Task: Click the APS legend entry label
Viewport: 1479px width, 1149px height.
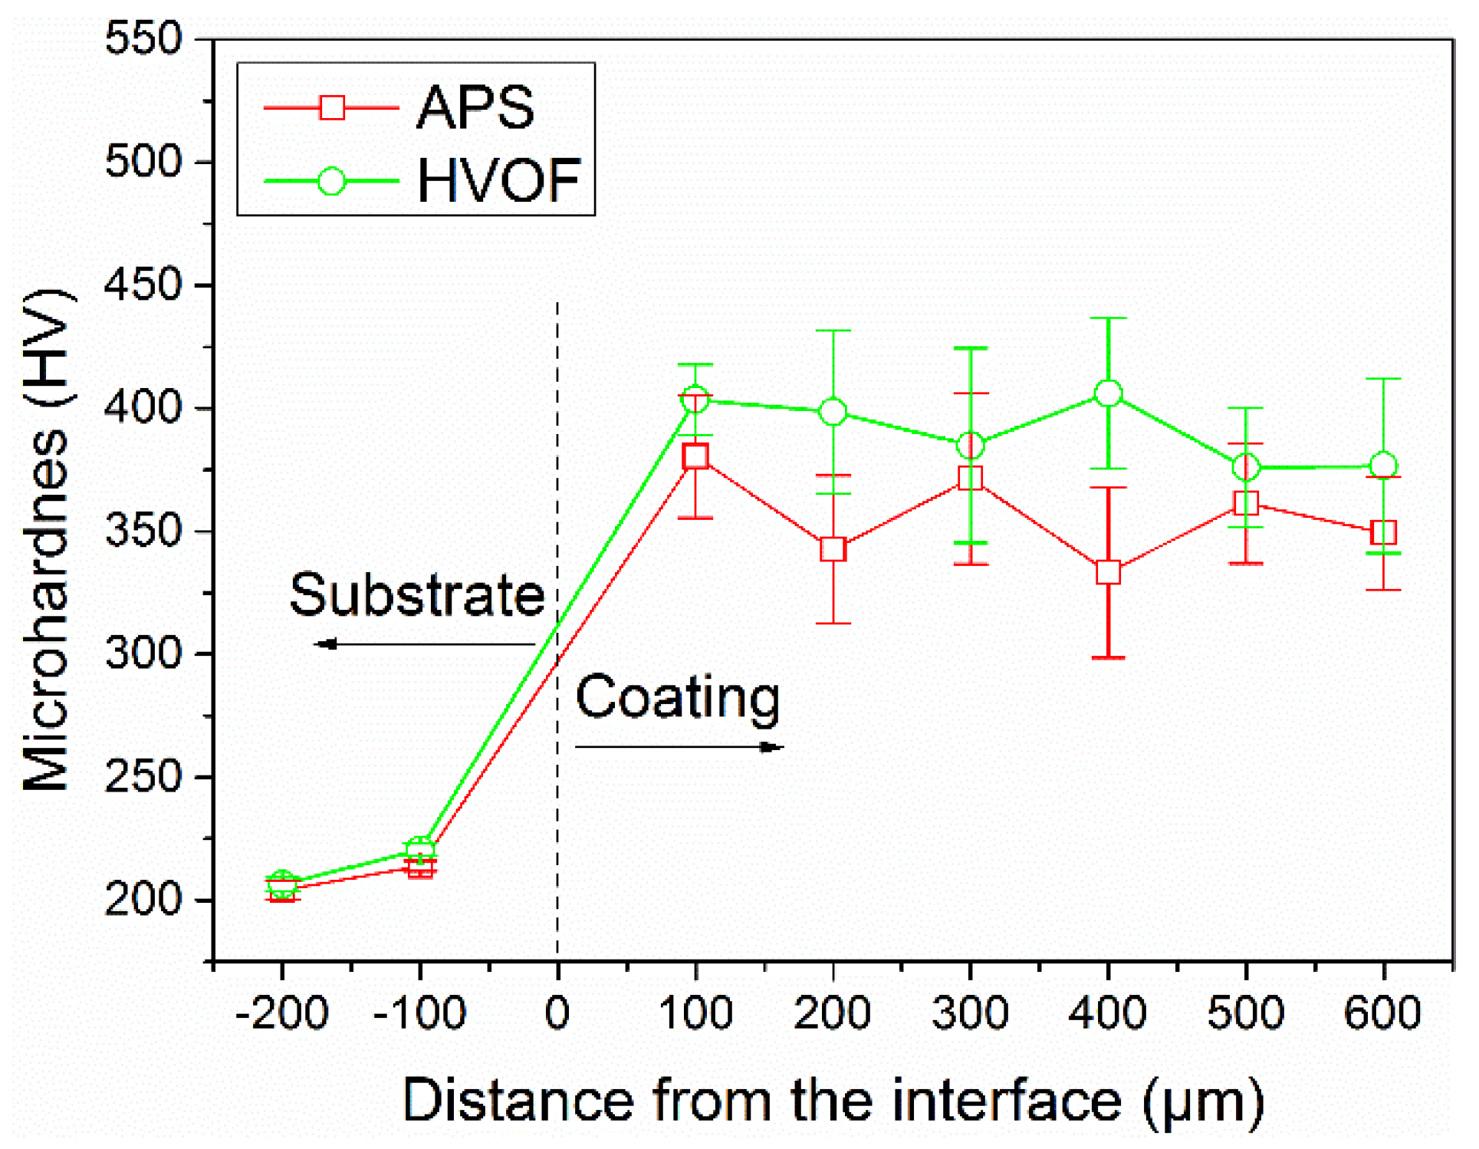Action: pyautogui.click(x=475, y=107)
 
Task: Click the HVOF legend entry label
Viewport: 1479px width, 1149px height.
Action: pyautogui.click(x=498, y=181)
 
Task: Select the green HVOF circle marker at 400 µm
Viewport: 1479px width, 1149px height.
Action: pyautogui.click(x=1108, y=393)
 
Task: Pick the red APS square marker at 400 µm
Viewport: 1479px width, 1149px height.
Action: pyautogui.click(x=1108, y=572)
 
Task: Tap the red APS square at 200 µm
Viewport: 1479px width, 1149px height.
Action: pyautogui.click(x=833, y=549)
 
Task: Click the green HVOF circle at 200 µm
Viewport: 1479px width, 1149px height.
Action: pyautogui.click(x=833, y=412)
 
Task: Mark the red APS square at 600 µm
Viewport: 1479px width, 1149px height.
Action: pyautogui.click(x=1383, y=532)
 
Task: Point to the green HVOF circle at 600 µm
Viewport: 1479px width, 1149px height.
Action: pyautogui.click(x=1383, y=466)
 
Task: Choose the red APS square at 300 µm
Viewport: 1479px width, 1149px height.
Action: pyautogui.click(x=971, y=479)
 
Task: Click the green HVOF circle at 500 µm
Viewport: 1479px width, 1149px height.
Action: pyautogui.click(x=1246, y=466)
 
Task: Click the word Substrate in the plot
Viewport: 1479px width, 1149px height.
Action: pyautogui.click(x=416, y=595)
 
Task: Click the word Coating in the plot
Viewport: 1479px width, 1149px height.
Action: pyautogui.click(x=678, y=697)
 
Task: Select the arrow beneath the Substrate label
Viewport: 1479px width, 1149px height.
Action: pyautogui.click(x=424, y=644)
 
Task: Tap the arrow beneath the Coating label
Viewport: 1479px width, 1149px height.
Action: pyautogui.click(x=679, y=747)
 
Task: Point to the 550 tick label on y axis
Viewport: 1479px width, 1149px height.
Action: pyautogui.click(x=143, y=38)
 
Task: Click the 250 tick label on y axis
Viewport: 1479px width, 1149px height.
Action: pyautogui.click(x=143, y=777)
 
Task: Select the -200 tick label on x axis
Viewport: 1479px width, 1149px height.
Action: pyautogui.click(x=281, y=1014)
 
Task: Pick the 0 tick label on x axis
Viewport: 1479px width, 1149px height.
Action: pyautogui.click(x=557, y=1014)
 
